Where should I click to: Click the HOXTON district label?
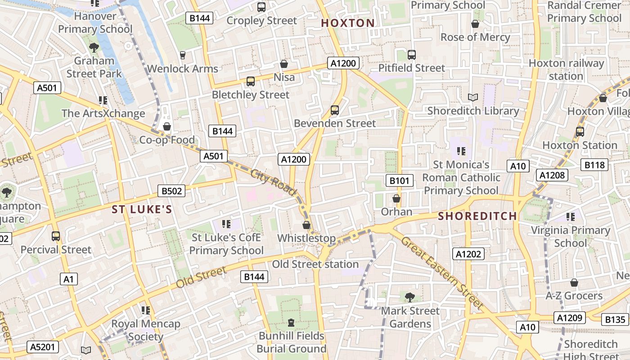[348, 23]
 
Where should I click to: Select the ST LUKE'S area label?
[142, 209]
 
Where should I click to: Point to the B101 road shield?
[399, 181]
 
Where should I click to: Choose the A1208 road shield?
[552, 175]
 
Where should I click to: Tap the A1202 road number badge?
[468, 254]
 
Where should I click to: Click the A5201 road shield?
[43, 347]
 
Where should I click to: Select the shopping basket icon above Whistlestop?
[306, 225]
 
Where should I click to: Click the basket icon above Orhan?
[396, 198]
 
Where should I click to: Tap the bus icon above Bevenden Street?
[334, 110]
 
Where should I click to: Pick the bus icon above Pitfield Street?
[411, 55]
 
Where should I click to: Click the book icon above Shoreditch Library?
[472, 97]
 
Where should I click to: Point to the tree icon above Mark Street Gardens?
[409, 297]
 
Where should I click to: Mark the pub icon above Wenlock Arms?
[183, 55]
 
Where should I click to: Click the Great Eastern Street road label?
[441, 273]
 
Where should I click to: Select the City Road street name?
[273, 182]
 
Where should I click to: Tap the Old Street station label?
[315, 264]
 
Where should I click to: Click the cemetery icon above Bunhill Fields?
[291, 323]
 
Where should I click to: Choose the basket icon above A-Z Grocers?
[574, 283]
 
